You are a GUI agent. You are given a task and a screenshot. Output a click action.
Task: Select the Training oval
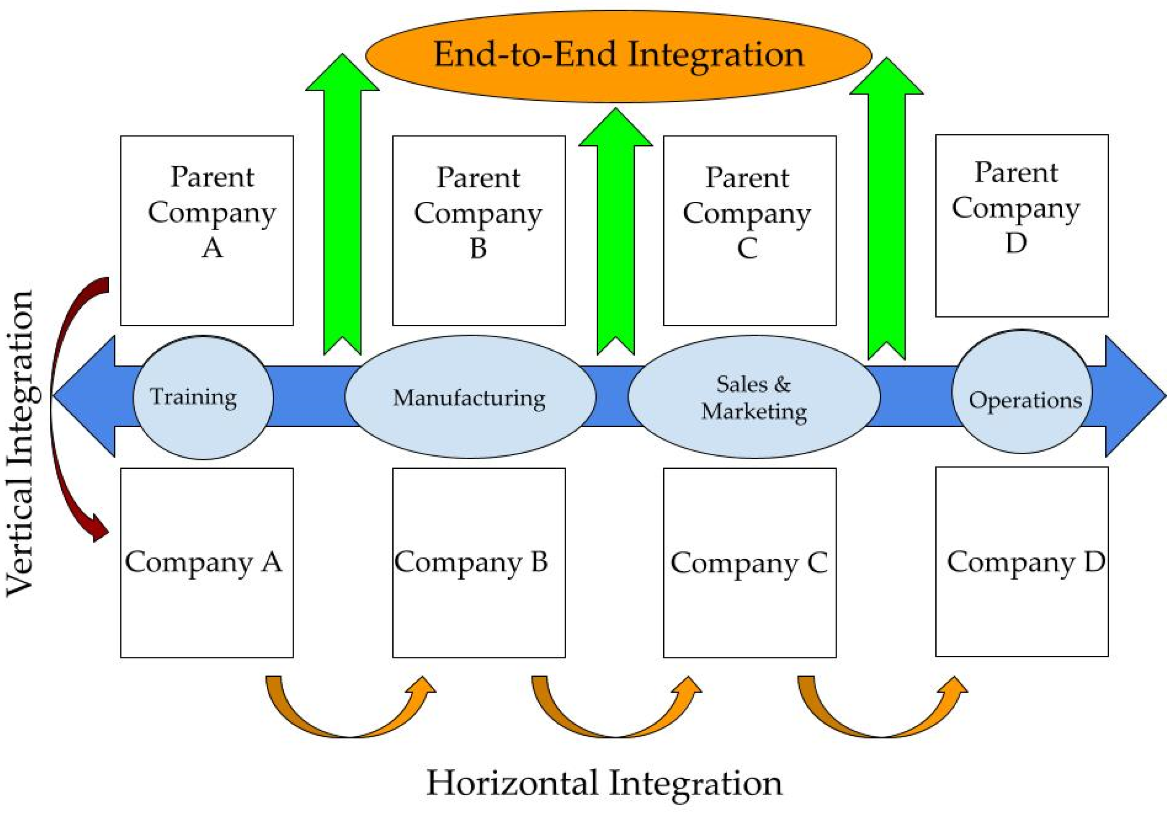point(203,397)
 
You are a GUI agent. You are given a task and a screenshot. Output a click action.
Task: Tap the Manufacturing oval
point(470,397)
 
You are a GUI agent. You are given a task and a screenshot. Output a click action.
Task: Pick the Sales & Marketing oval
point(754,397)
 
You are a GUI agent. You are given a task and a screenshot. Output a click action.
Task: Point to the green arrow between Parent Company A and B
point(342,214)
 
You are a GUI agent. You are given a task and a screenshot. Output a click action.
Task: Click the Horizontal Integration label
point(604,783)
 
